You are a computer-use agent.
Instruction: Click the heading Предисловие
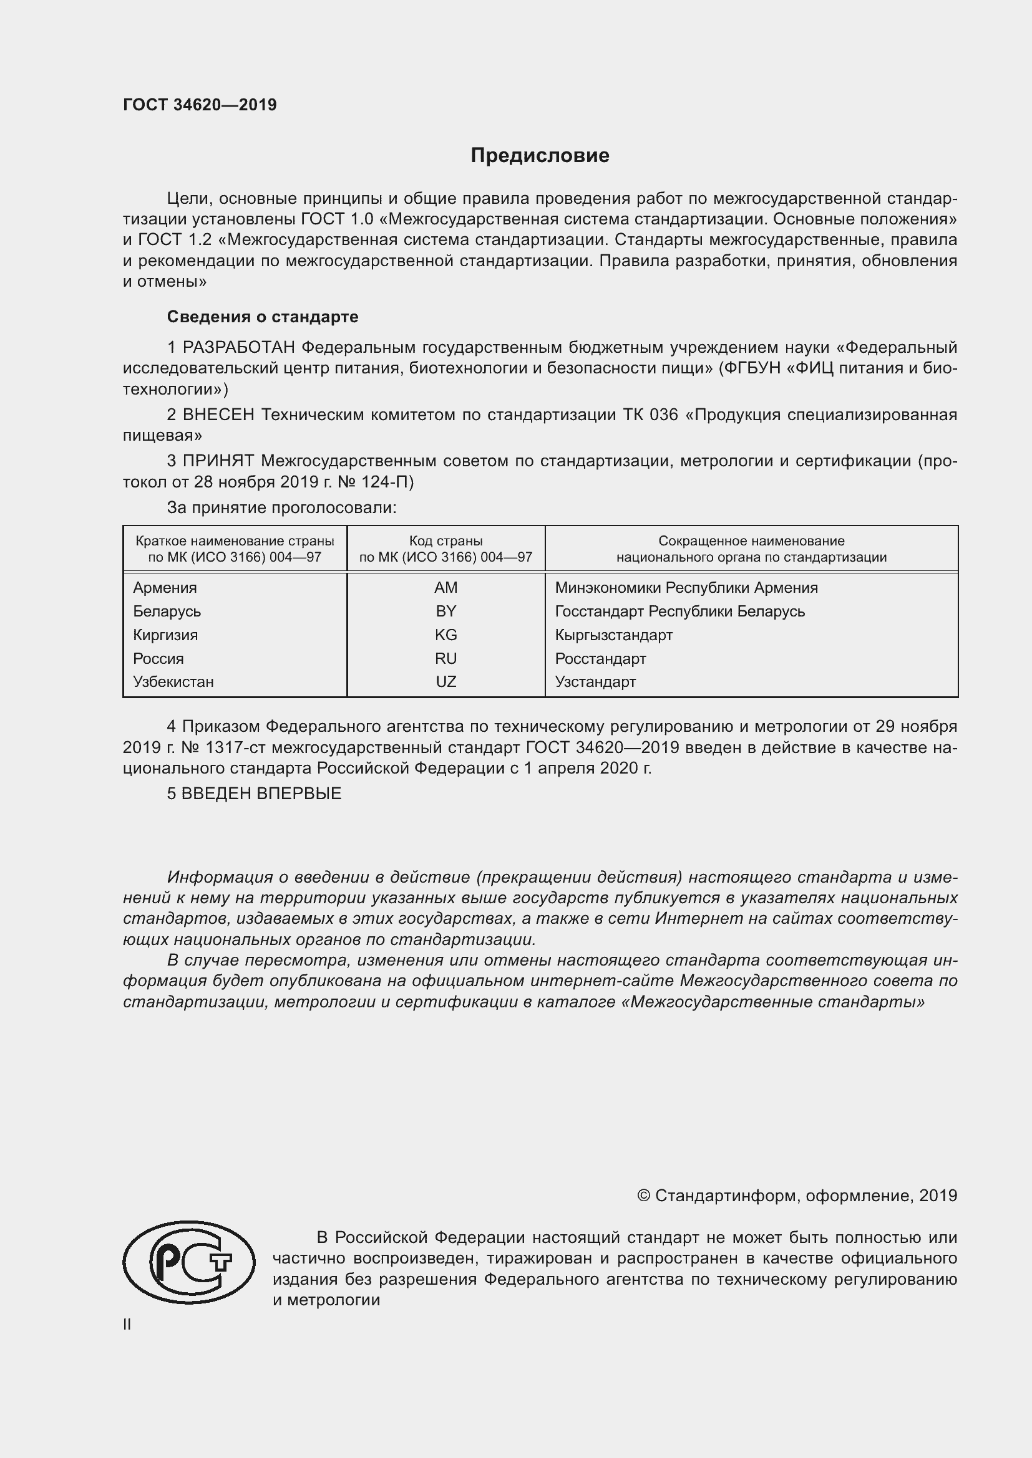[x=540, y=156]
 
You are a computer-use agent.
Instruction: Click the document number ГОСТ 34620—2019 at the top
[x=200, y=105]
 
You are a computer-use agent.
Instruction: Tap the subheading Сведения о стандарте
[x=263, y=316]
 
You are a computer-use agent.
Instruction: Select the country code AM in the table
[x=445, y=587]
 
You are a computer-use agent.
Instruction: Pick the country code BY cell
[x=445, y=611]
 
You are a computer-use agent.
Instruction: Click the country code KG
[x=445, y=635]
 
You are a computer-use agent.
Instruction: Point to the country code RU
[x=445, y=658]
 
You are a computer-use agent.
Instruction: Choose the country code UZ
[x=445, y=681]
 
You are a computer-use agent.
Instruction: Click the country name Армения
[x=165, y=587]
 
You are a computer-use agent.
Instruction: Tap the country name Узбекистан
[x=173, y=681]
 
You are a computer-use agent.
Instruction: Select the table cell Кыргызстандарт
[x=613, y=635]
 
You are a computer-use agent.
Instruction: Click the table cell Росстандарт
[x=600, y=658]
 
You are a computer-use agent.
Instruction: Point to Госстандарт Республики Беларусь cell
[x=679, y=611]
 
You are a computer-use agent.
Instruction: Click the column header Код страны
[x=445, y=541]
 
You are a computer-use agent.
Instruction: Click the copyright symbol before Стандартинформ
[x=643, y=1196]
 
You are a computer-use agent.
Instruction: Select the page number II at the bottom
[x=127, y=1324]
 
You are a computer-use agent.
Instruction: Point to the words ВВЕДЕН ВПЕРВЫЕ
[x=261, y=793]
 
